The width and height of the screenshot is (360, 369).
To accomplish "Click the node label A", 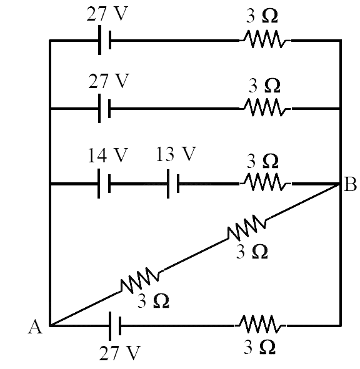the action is tap(36, 327).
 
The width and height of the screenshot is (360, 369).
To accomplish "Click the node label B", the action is tap(350, 184).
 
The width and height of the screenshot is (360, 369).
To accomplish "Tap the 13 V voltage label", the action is tap(176, 154).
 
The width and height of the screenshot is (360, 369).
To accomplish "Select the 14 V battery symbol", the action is tap(104, 184).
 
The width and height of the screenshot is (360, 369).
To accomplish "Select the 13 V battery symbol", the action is tap(173, 184).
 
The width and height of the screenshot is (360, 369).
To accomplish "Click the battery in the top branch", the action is tap(104, 40).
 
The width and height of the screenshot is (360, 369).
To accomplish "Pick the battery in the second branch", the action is tap(104, 108).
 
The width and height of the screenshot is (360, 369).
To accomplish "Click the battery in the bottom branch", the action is tap(115, 326).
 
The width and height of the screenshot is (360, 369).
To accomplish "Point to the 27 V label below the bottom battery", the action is tap(119, 353).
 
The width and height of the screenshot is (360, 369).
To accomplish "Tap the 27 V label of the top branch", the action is tap(107, 14).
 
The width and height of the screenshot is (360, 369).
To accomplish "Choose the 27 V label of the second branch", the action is tap(109, 81).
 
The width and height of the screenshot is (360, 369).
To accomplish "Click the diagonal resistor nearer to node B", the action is tap(247, 227).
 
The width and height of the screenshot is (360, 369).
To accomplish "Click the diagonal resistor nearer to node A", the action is tap(140, 280).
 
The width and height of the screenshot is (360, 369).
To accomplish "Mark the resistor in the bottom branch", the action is tap(261, 324).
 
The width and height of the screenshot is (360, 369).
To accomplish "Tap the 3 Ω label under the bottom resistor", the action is tap(259, 347).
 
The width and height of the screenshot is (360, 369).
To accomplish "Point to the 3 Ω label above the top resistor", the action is tap(262, 16).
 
